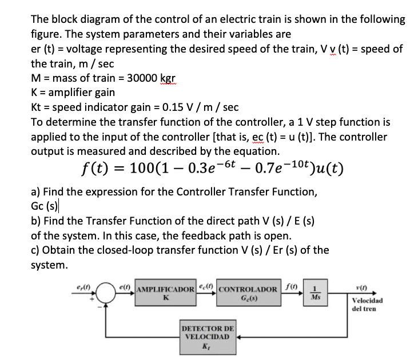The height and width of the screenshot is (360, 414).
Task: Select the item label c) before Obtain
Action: click(x=36, y=250)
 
